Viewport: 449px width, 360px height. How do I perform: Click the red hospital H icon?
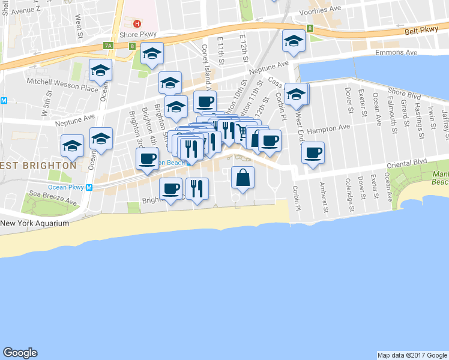137,24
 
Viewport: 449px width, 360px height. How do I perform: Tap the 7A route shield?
108,45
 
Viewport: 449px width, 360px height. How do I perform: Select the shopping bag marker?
243,178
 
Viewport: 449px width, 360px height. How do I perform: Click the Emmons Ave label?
396,53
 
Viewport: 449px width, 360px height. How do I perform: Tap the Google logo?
20,353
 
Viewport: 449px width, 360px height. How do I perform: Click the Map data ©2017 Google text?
412,355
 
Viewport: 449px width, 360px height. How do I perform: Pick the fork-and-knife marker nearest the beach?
197,188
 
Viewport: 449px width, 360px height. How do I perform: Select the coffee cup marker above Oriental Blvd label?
313,152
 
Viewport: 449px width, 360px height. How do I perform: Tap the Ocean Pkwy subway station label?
66,187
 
